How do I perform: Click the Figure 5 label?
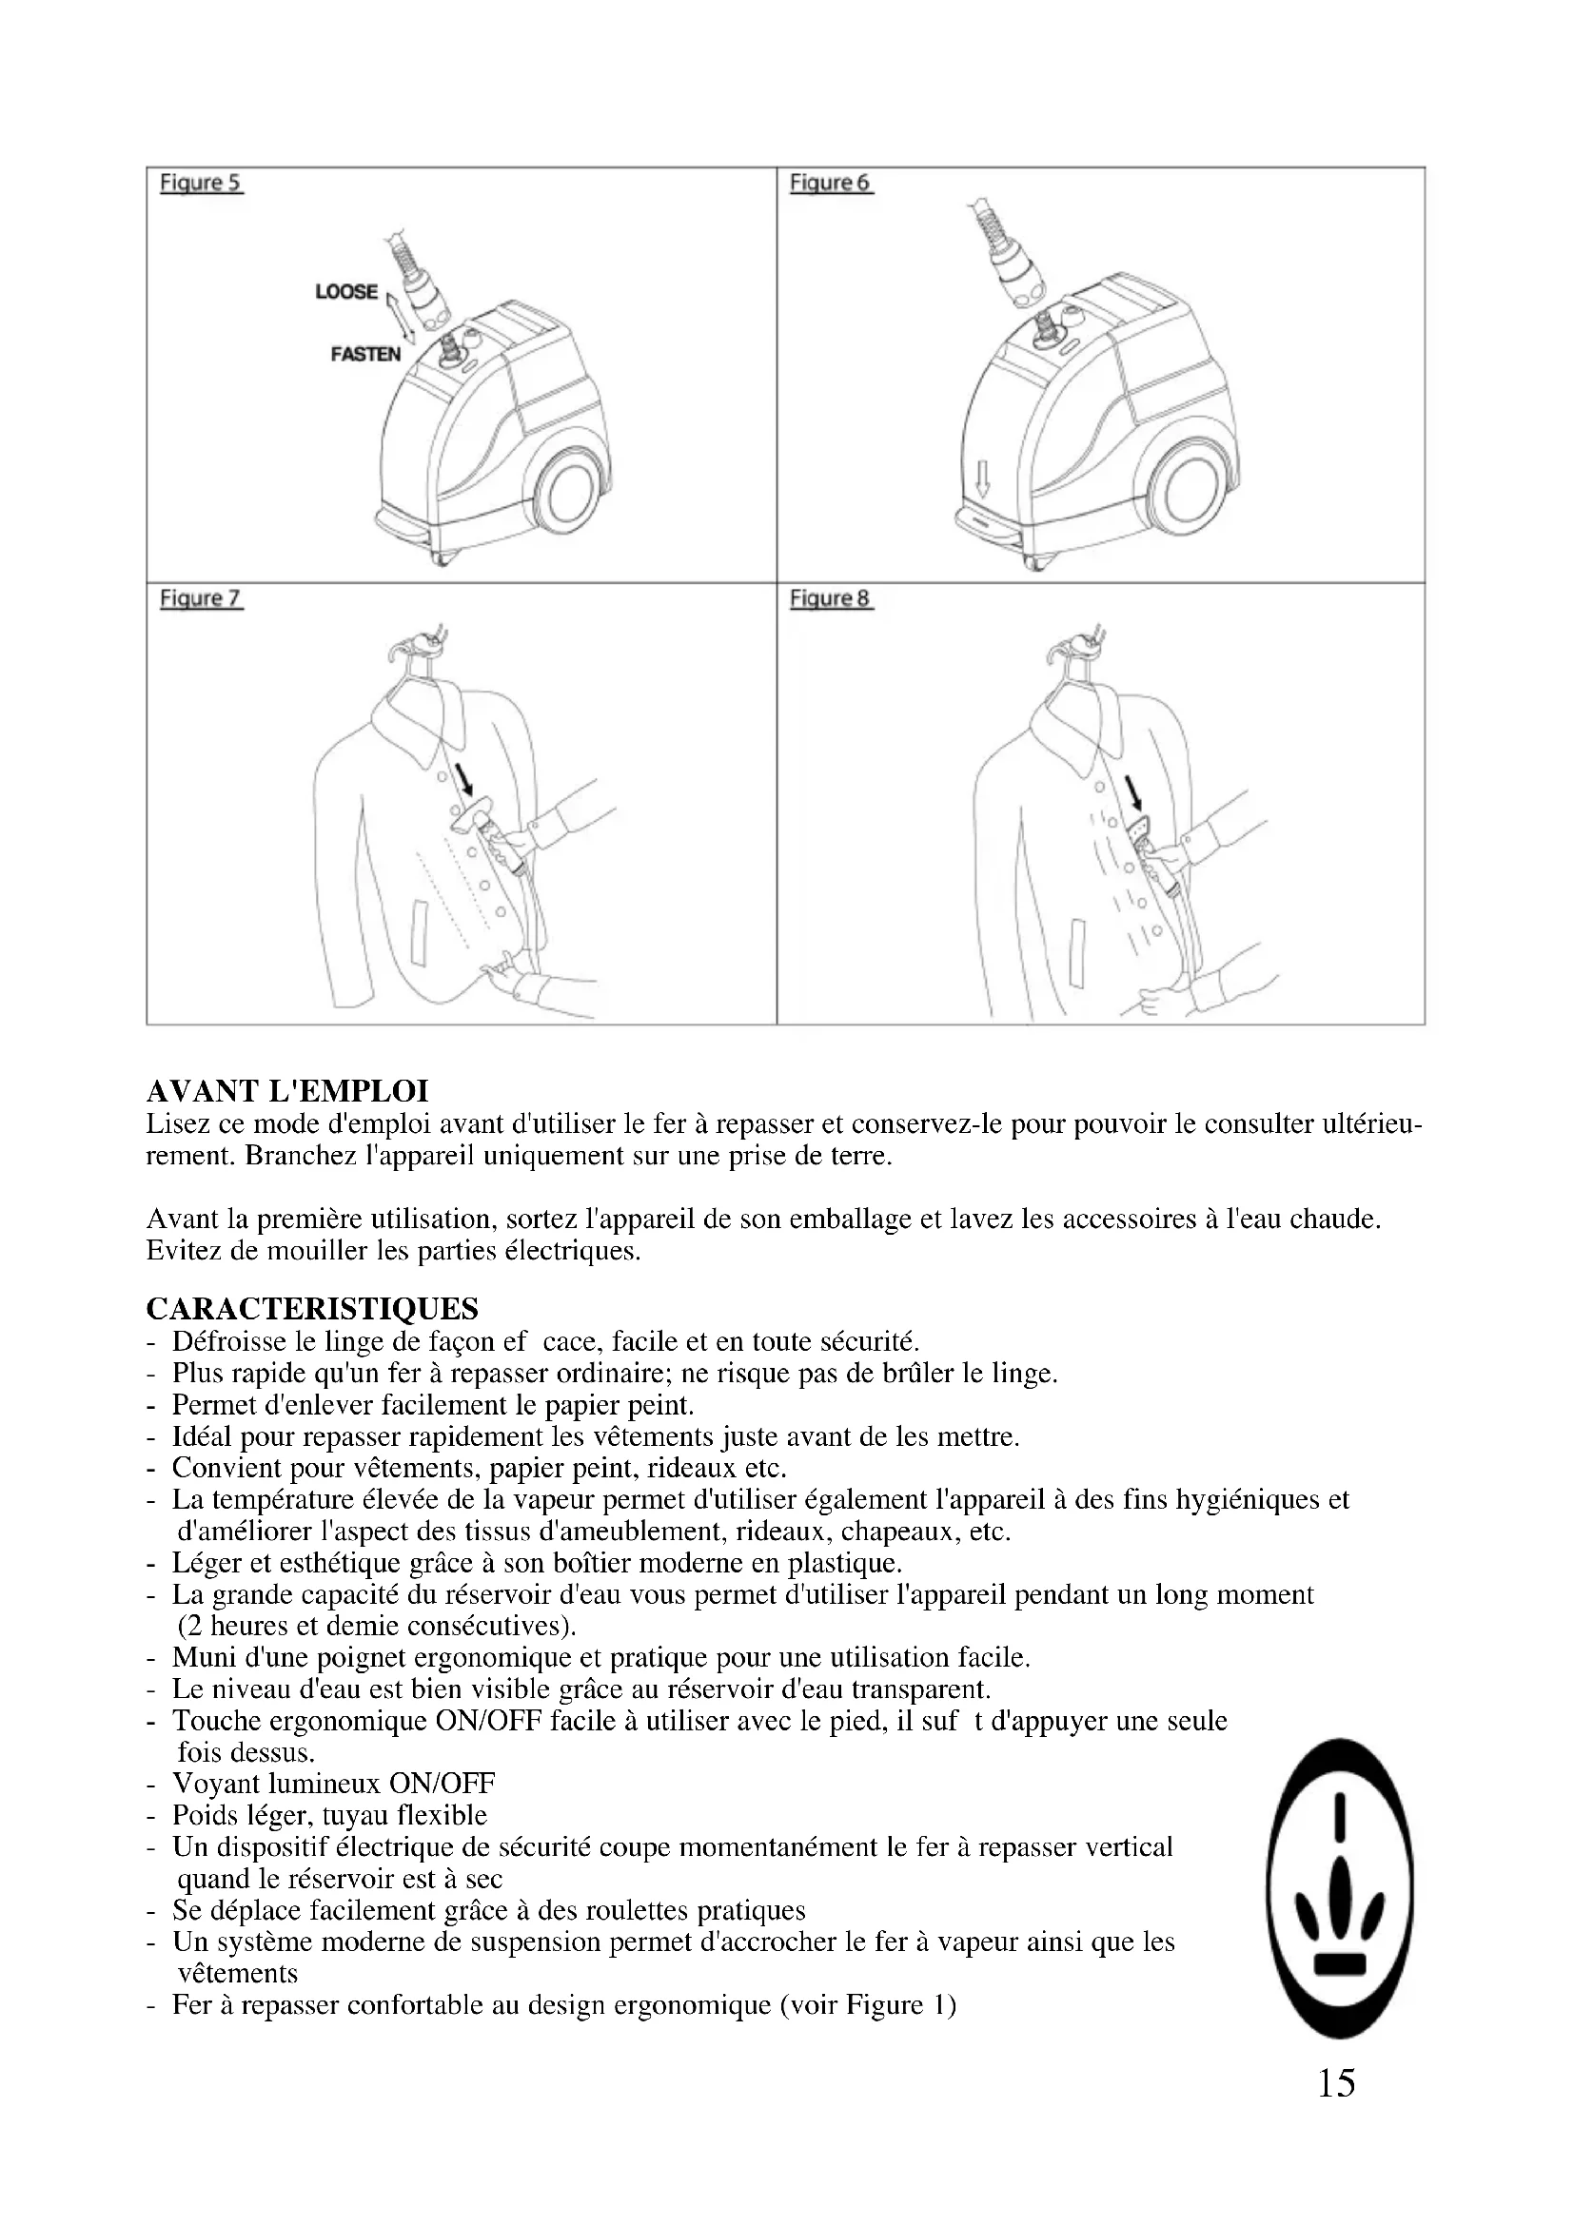[x=201, y=183]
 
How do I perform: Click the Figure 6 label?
[x=831, y=183]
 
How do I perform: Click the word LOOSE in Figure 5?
[x=346, y=291]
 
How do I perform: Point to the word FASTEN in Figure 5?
[x=365, y=354]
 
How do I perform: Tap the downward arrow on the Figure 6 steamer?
[x=982, y=478]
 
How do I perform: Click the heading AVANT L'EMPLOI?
[x=286, y=1091]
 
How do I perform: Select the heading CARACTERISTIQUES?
[x=312, y=1309]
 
